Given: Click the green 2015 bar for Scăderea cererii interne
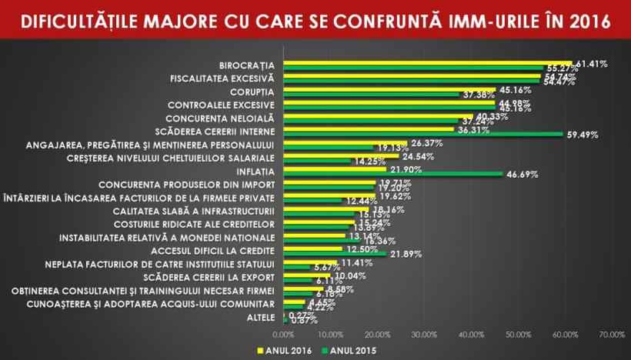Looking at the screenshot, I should [x=423, y=134].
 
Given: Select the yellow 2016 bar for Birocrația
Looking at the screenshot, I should [x=427, y=63].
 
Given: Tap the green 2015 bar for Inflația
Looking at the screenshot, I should [x=392, y=175].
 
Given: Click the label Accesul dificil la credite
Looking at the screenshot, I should [x=213, y=251].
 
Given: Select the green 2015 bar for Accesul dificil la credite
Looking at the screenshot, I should [x=335, y=254].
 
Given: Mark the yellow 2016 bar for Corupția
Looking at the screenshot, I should [x=389, y=89].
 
